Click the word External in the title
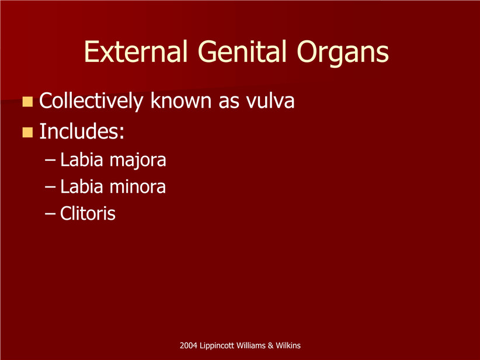pyautogui.click(x=135, y=51)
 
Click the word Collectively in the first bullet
pyautogui.click(x=91, y=101)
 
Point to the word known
pyautogui.click(x=181, y=100)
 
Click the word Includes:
pyautogui.click(x=82, y=131)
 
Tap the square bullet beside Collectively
pyautogui.click(x=27, y=102)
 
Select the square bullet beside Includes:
pyautogui.click(x=27, y=133)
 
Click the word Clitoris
pyautogui.click(x=88, y=213)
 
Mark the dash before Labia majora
pyautogui.click(x=50, y=160)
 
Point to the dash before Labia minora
pyautogui.click(x=50, y=186)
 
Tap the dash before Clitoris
pyautogui.click(x=50, y=213)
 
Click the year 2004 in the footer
pyautogui.click(x=188, y=345)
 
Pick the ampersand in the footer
pyautogui.click(x=270, y=345)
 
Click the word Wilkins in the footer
pyautogui.click(x=288, y=345)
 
